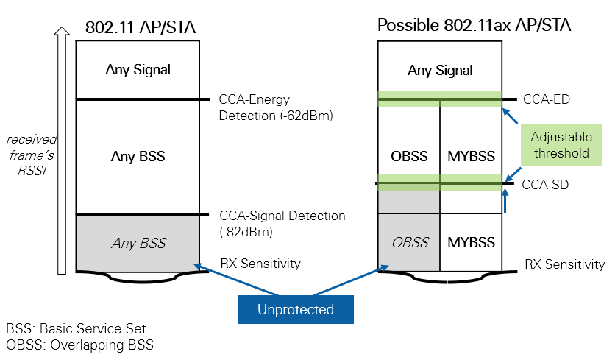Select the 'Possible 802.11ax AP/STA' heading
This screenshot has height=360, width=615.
(474, 26)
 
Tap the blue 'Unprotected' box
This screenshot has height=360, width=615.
(295, 310)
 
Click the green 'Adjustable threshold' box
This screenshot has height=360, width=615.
(560, 145)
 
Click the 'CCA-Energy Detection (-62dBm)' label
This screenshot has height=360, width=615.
(276, 107)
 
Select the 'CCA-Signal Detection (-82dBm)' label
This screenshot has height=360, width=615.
(282, 224)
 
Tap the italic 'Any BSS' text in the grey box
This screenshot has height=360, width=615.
(138, 243)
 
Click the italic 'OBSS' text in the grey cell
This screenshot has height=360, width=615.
(409, 242)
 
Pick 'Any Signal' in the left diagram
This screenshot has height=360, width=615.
(138, 70)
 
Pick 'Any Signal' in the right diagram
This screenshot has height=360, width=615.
(440, 71)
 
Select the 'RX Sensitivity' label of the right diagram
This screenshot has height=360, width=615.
(564, 264)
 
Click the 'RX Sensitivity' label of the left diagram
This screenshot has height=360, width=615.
(260, 264)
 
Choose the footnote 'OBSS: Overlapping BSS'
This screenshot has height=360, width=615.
(79, 345)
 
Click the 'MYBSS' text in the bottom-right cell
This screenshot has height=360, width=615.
(471, 242)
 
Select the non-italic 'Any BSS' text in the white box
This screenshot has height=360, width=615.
(138, 156)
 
